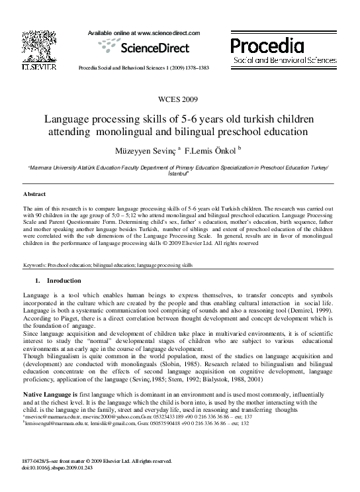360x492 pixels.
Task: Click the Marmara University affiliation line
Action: tap(179, 169)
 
